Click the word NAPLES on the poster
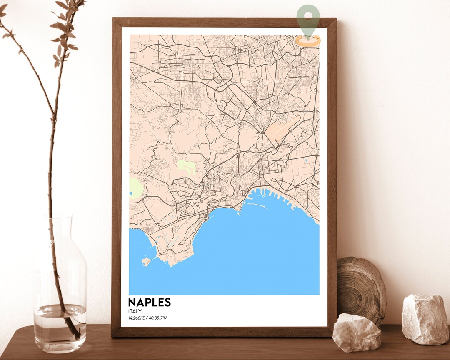point(149,302)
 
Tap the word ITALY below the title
point(135,311)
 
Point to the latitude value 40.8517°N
point(158,319)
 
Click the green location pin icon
point(308,19)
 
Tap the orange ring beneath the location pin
point(308,41)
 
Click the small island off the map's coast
point(145,262)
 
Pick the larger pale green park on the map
point(135,188)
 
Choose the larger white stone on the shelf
point(425,319)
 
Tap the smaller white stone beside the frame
point(356,332)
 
